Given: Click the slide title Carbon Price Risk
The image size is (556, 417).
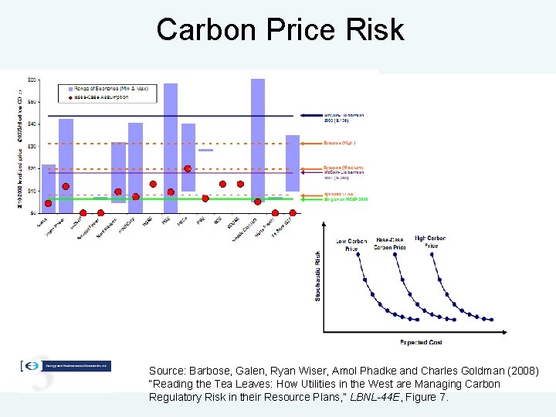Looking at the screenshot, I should pyautogui.click(x=280, y=29).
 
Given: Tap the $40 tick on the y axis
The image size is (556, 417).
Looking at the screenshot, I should pyautogui.click(x=32, y=124).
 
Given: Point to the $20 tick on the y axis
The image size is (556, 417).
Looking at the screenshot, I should pyautogui.click(x=32, y=168).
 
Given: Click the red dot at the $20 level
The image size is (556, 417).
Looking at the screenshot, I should pyautogui.click(x=188, y=168).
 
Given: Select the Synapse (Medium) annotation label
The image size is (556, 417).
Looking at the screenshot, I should pyautogui.click(x=344, y=168).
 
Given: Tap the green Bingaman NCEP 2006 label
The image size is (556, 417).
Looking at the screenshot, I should pyautogui.click(x=345, y=199).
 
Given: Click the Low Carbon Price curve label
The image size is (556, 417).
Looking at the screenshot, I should pyautogui.click(x=351, y=245).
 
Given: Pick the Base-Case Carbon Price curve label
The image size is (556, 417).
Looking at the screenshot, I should pyautogui.click(x=390, y=244).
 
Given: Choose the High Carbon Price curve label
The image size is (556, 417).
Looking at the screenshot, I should pyautogui.click(x=430, y=242).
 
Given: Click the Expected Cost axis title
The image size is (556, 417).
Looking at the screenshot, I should pyautogui.click(x=421, y=342).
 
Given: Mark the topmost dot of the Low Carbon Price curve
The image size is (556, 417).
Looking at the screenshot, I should pyautogui.click(x=358, y=256).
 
